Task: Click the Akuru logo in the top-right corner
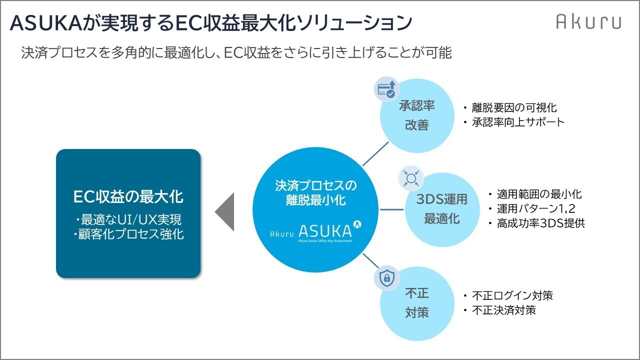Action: point(588,22)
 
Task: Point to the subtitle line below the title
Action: point(236,53)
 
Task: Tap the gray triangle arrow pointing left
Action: point(225,211)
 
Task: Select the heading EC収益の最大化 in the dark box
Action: point(128,196)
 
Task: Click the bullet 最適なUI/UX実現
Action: point(128,219)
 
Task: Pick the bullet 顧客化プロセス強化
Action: point(129,234)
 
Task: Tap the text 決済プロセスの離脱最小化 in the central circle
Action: point(316,193)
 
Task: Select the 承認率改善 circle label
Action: point(416,115)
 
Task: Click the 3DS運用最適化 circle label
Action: point(442,209)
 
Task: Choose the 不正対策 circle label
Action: point(416,303)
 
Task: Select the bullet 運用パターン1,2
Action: point(535,209)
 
